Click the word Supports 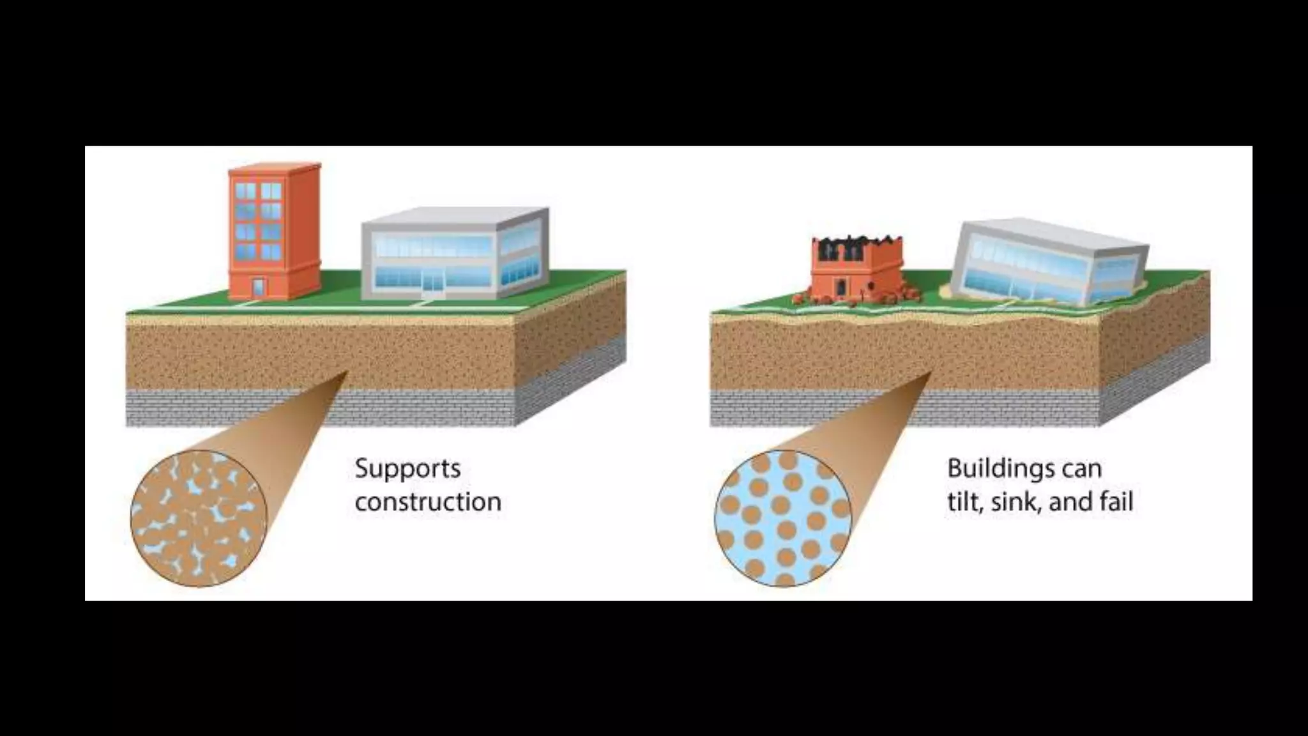[x=407, y=470]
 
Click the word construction [x=428, y=502]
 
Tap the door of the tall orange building [x=258, y=287]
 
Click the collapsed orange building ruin [x=856, y=272]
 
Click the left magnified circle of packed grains [x=199, y=518]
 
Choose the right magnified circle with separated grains [x=783, y=518]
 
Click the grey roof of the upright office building [x=453, y=216]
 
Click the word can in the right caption [x=1082, y=470]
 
